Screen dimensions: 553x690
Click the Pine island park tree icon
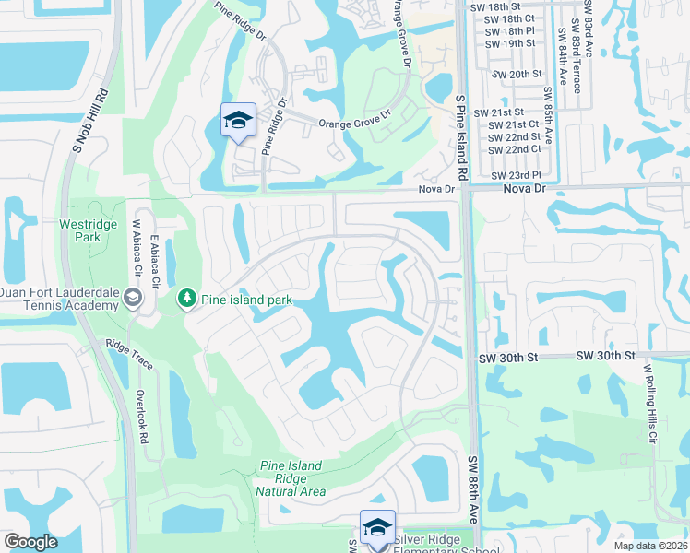[x=187, y=298]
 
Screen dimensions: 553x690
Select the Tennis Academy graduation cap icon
[x=135, y=298]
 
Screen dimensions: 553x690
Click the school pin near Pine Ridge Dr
[x=238, y=121]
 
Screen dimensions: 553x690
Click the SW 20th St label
[x=517, y=74]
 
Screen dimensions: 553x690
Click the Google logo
[x=30, y=543]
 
